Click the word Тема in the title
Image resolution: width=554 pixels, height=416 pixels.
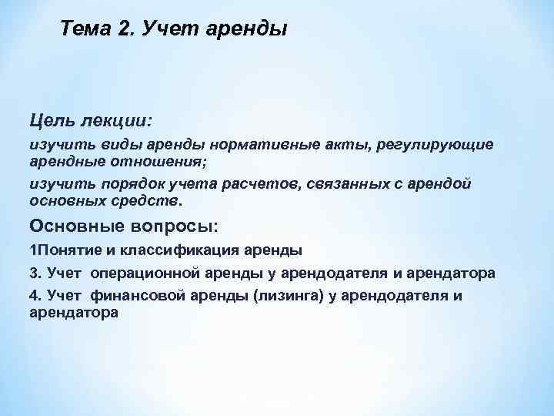(87, 30)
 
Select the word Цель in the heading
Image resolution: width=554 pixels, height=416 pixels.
(52, 122)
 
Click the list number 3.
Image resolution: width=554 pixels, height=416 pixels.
(35, 273)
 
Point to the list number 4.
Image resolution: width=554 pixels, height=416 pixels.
(35, 297)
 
